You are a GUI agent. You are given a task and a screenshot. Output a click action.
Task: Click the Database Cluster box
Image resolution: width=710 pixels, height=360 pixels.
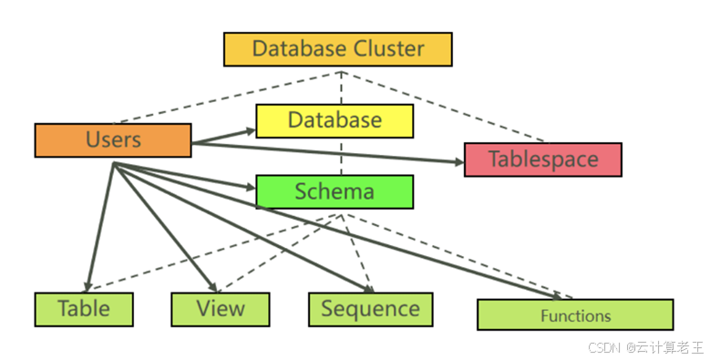(x=337, y=49)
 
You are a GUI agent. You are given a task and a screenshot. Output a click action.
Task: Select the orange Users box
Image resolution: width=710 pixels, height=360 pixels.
(x=113, y=140)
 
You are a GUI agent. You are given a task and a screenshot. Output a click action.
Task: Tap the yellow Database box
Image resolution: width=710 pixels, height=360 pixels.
(x=334, y=120)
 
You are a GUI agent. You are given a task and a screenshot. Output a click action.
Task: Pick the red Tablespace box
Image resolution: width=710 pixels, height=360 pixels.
(x=542, y=159)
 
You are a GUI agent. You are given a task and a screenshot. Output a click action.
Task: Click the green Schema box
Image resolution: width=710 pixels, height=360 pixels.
(x=334, y=191)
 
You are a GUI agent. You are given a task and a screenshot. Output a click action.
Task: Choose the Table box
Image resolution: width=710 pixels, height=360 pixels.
(x=84, y=309)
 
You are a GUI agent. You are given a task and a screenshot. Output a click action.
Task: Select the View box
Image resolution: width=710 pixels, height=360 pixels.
(x=220, y=309)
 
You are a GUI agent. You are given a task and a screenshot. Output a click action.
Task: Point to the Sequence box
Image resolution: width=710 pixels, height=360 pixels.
(x=370, y=309)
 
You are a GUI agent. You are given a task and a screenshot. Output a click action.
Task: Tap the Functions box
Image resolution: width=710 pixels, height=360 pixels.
(x=575, y=315)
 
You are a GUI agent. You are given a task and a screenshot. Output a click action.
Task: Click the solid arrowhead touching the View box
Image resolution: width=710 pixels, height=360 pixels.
(x=213, y=285)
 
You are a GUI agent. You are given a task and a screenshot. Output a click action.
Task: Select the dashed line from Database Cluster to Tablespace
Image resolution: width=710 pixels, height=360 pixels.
(x=456, y=108)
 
